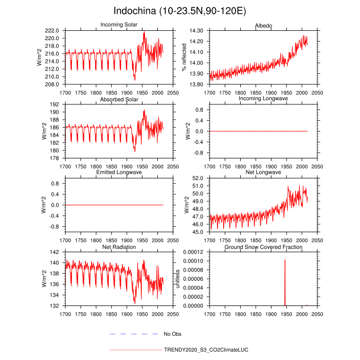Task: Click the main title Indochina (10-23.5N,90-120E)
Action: [x=179, y=11]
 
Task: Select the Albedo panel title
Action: [x=263, y=25]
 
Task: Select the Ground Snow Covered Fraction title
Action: [x=263, y=247]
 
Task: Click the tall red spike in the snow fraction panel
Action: [x=285, y=283]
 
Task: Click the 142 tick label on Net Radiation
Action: [x=55, y=252]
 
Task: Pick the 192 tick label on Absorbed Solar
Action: [x=55, y=104]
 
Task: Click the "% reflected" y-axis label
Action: [x=184, y=57]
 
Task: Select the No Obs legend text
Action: [x=173, y=334]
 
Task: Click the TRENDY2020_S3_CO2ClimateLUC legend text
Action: [x=206, y=350]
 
